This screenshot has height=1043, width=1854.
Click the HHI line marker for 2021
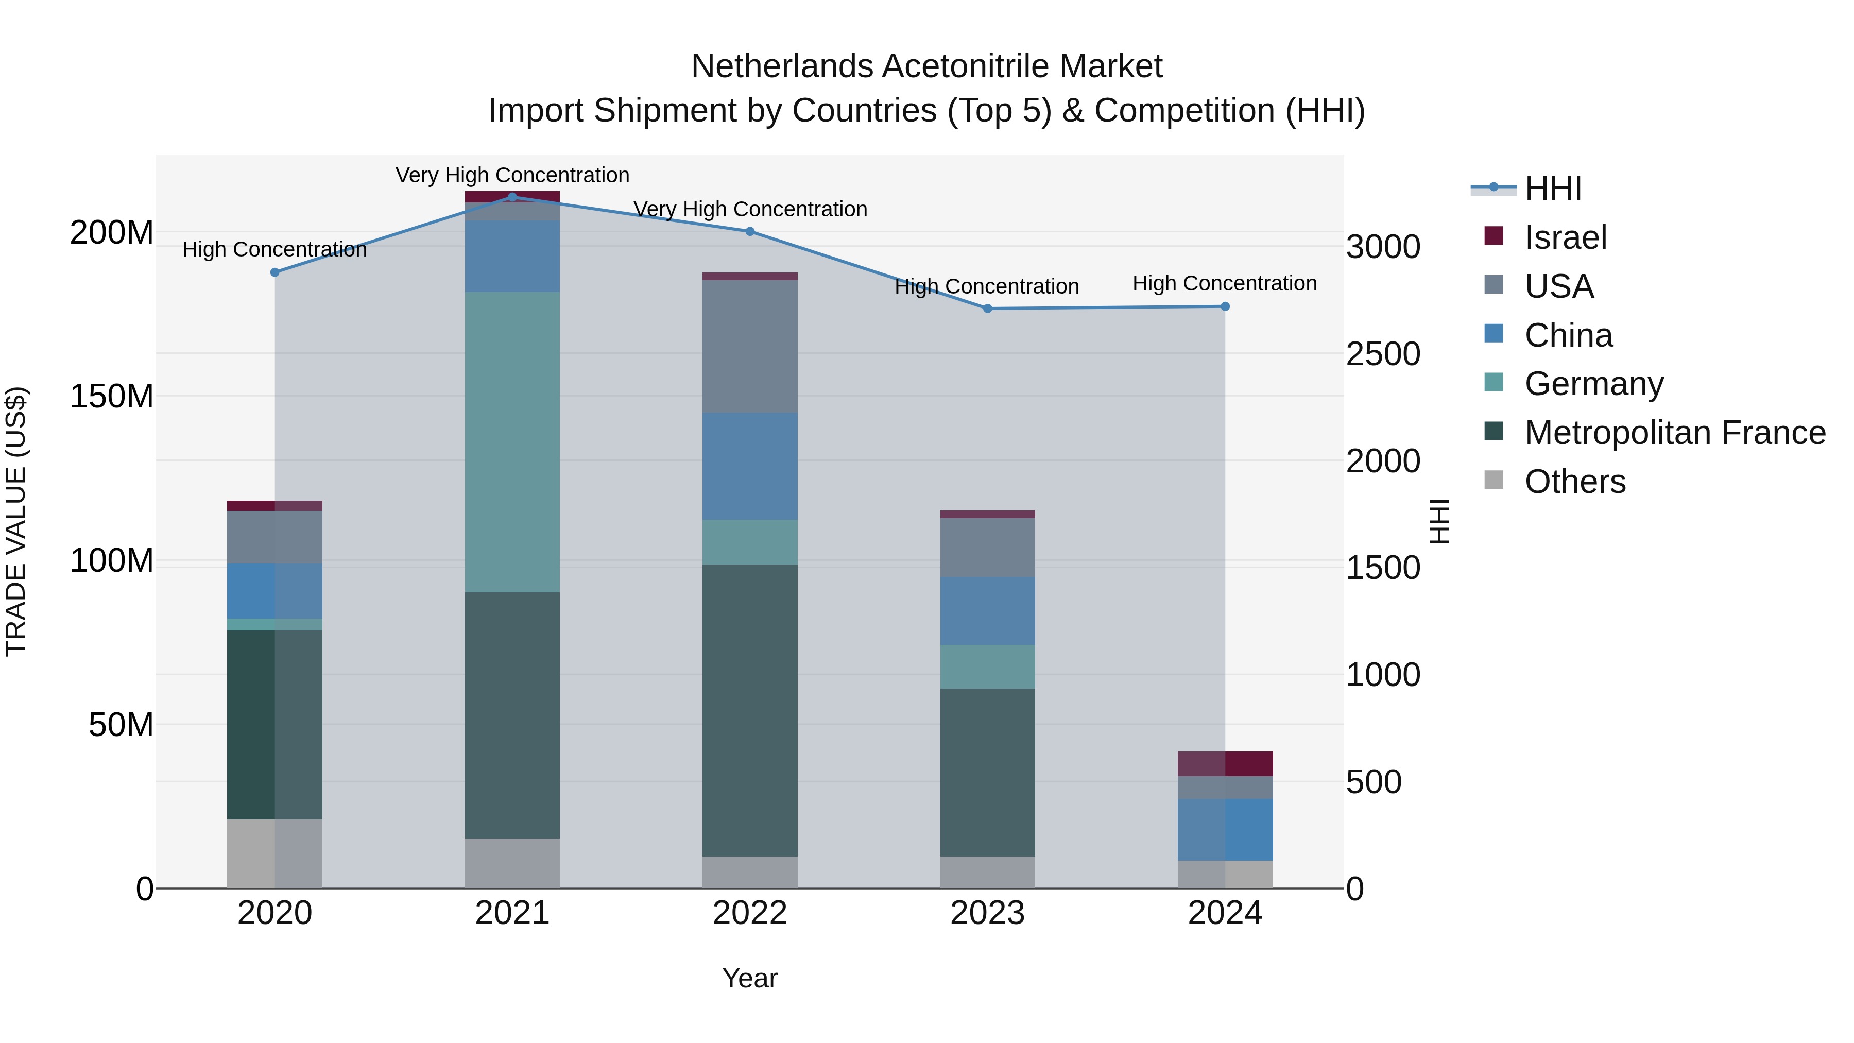512,197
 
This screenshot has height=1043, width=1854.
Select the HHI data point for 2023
987,309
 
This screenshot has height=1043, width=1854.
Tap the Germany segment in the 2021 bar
512,442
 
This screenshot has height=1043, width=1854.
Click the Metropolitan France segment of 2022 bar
749,710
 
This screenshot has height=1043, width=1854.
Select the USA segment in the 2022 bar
749,346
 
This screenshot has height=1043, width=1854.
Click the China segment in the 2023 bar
987,611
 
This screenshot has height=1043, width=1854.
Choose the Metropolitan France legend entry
1674,433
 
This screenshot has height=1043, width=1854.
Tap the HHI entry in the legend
1552,189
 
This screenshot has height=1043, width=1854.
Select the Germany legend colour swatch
1493,383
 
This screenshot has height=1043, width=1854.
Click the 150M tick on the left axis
112,397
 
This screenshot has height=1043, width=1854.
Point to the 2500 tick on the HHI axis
1383,354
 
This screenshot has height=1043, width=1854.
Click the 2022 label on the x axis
749,913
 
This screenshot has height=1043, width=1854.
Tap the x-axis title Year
749,978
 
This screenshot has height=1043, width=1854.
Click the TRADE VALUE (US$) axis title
16,521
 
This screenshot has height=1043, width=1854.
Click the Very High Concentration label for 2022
749,210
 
